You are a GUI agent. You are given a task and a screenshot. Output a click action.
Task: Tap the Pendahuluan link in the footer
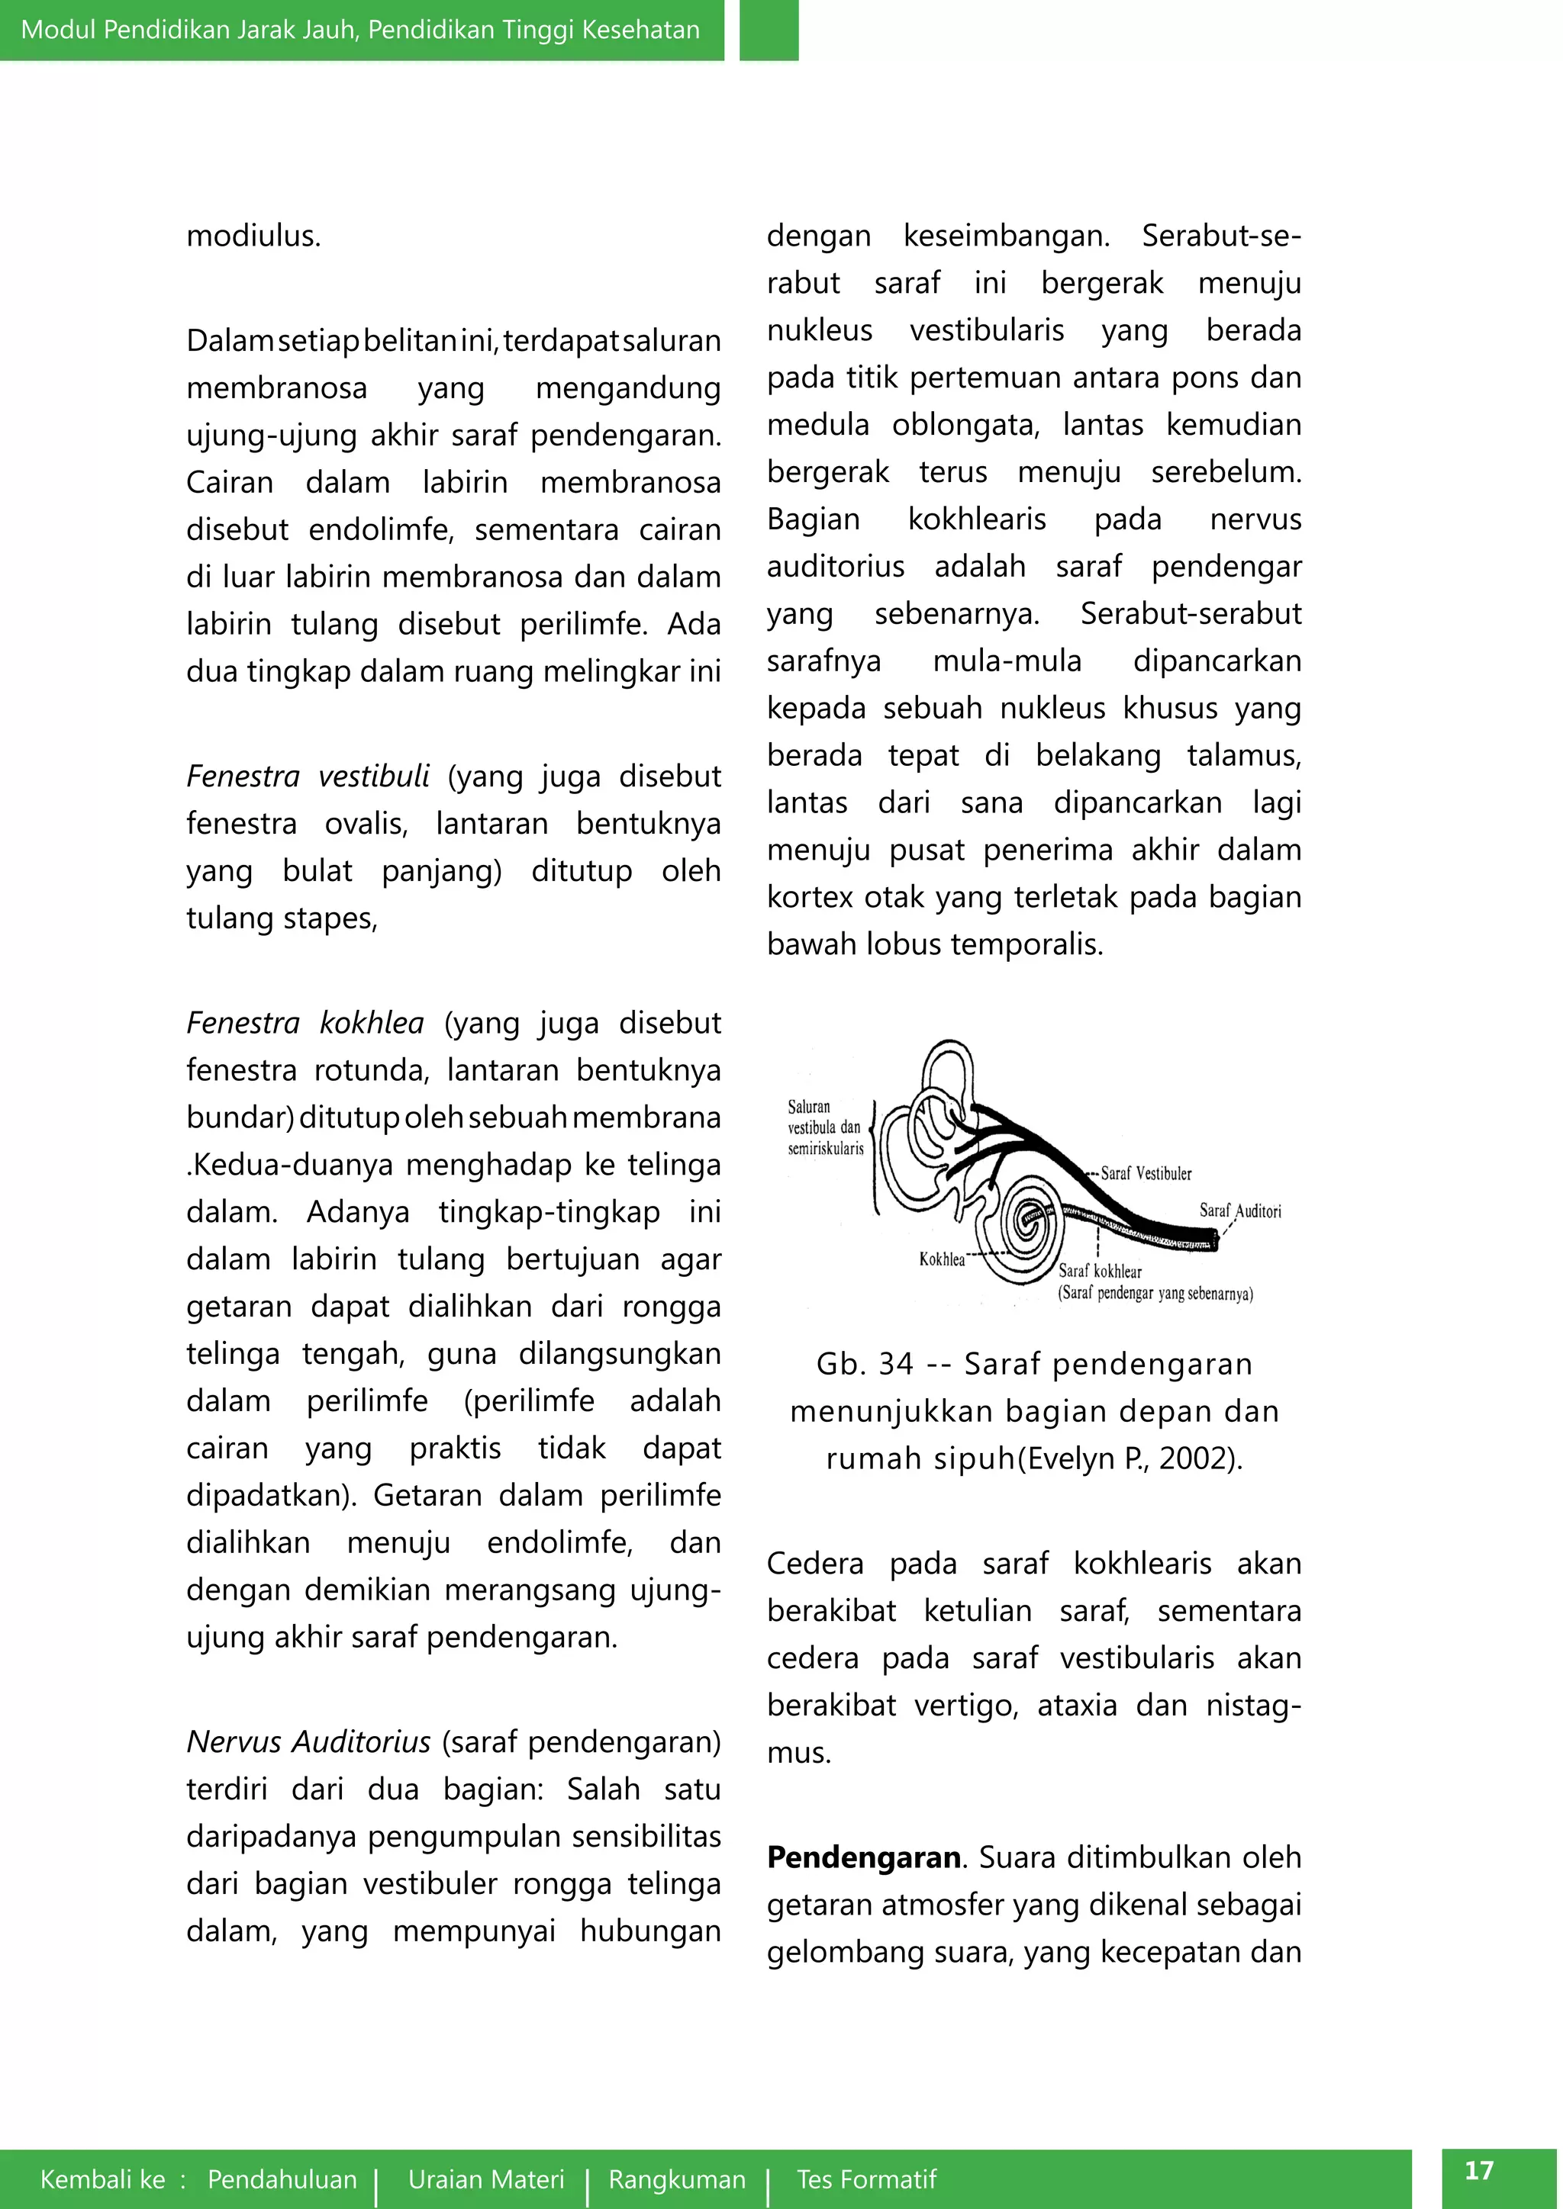(282, 2179)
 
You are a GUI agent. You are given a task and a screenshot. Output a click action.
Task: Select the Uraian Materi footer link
(486, 2179)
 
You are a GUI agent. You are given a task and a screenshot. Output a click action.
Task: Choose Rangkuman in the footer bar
(677, 2179)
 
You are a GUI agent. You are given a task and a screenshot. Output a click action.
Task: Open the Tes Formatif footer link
(866, 2179)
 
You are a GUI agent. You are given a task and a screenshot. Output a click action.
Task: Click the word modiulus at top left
(253, 236)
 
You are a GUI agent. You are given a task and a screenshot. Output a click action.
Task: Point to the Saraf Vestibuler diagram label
(1146, 1174)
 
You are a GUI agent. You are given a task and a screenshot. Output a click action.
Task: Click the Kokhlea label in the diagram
(941, 1259)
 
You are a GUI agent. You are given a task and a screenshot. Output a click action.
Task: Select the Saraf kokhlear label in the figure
(1100, 1271)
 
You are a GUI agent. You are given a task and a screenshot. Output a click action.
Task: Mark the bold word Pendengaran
(863, 1858)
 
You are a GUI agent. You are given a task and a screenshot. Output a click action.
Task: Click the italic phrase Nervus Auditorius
(308, 1741)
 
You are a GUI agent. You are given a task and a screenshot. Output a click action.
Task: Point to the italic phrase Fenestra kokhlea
(305, 1023)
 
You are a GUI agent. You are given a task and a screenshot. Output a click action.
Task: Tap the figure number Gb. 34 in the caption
(863, 1365)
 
